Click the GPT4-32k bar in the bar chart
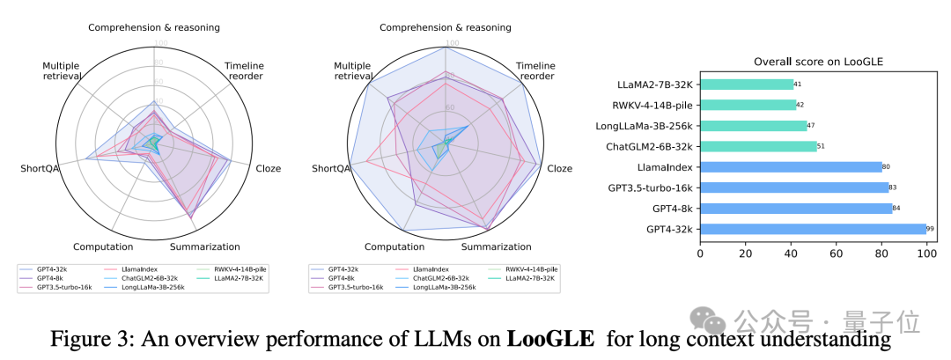pyautogui.click(x=813, y=229)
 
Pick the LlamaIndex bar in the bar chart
pyautogui.click(x=791, y=166)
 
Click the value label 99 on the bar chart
pyautogui.click(x=930, y=229)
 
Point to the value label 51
pyautogui.click(x=821, y=146)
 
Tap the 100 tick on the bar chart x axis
pyautogui.click(x=926, y=253)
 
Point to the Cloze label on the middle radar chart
pyautogui.click(x=558, y=168)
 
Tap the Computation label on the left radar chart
pyautogui.click(x=103, y=246)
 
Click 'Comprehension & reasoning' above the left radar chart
pyautogui.click(x=154, y=27)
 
